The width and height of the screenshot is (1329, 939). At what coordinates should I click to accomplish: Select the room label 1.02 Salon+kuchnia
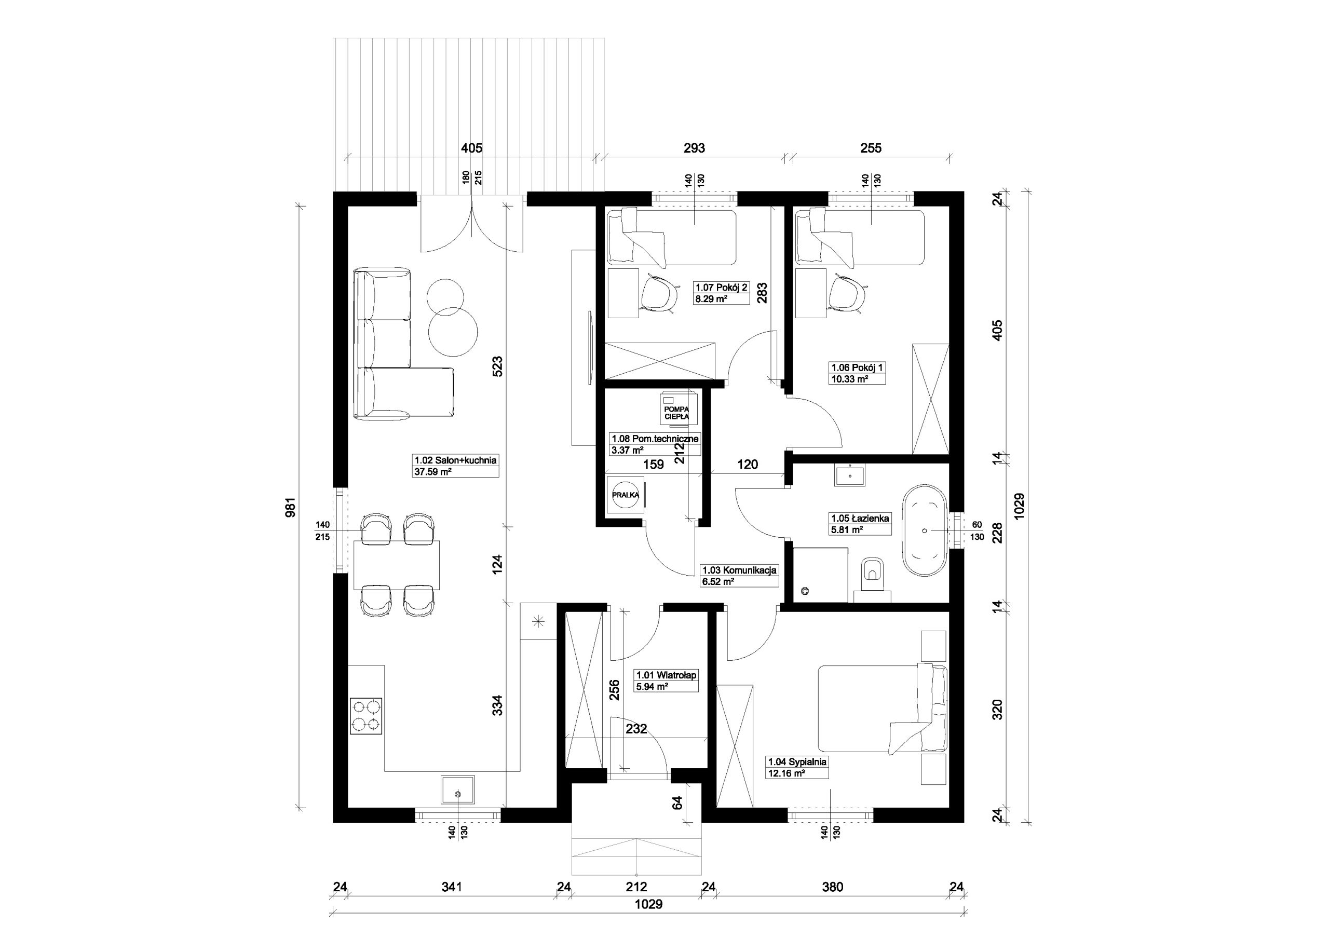(x=455, y=460)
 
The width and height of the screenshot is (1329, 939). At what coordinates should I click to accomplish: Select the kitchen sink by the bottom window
(x=458, y=790)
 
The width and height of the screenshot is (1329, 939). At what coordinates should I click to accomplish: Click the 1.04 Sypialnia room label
(x=797, y=762)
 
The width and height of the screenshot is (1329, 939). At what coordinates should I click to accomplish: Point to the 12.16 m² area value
(x=786, y=773)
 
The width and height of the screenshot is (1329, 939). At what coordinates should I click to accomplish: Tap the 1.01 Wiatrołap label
(x=667, y=675)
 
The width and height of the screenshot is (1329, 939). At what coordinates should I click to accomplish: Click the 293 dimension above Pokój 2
(x=694, y=148)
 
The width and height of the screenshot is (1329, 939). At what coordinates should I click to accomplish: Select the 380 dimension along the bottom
(x=832, y=887)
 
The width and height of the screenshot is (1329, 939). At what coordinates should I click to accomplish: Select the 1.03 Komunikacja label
(x=739, y=570)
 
